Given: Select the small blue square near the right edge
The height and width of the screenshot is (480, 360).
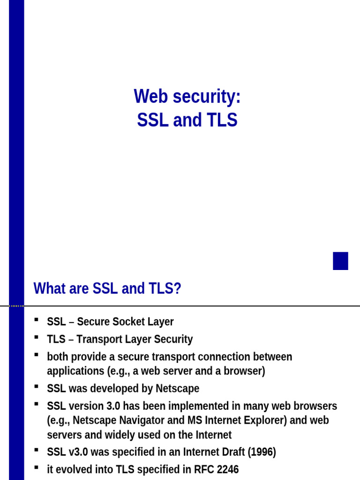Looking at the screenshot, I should pos(340,261).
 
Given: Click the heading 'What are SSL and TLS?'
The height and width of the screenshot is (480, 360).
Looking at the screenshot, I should pos(107,289).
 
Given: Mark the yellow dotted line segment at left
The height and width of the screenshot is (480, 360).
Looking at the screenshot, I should pos(16,306).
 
